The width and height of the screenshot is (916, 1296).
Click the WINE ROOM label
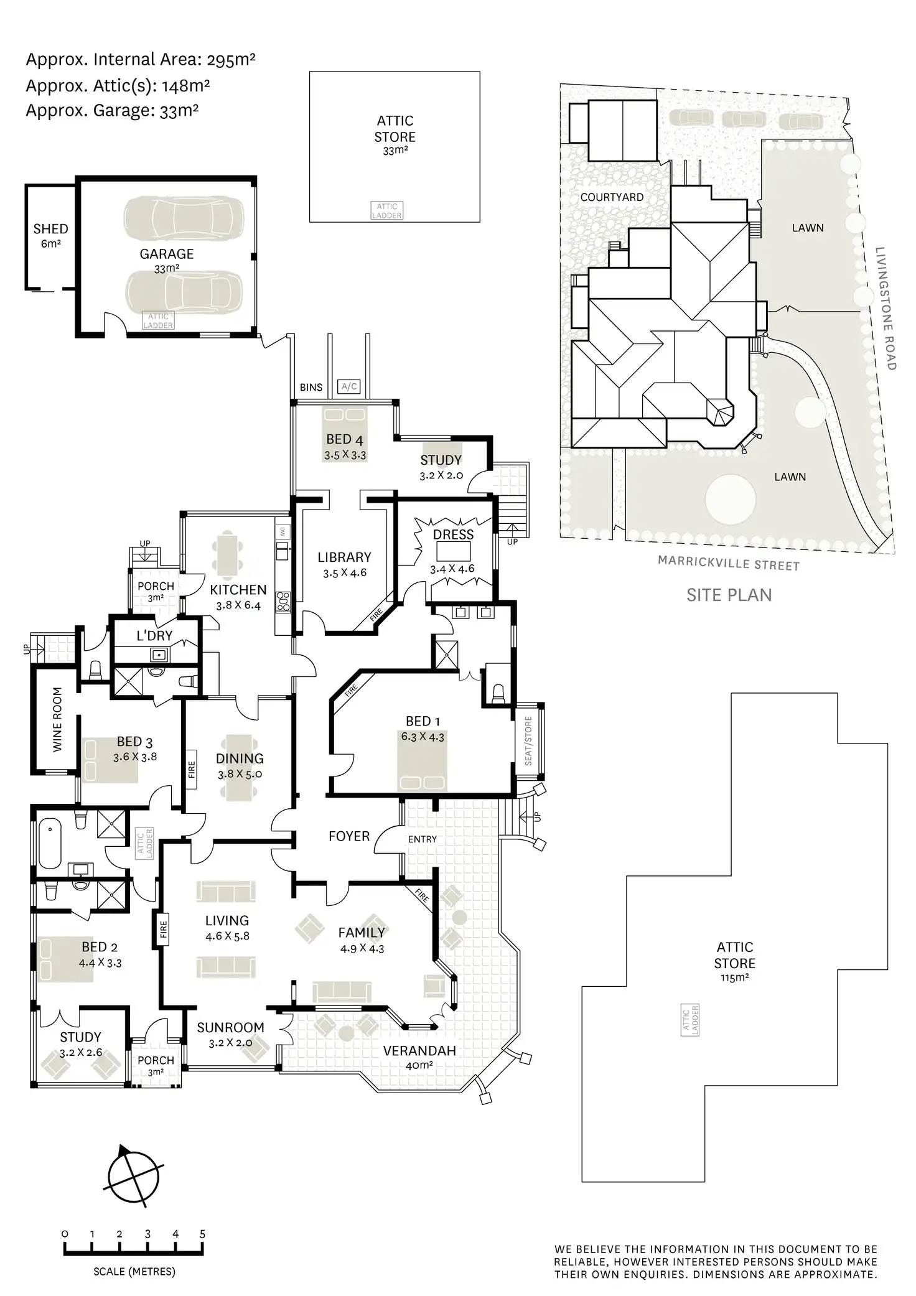click(x=57, y=719)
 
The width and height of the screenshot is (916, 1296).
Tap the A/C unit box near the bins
click(x=350, y=387)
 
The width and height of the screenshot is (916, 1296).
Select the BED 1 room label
click(x=423, y=721)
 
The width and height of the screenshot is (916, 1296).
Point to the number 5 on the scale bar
click(x=202, y=1234)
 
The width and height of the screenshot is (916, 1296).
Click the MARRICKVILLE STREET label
click(x=729, y=564)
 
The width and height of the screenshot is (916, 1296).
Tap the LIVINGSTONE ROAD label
click(x=886, y=309)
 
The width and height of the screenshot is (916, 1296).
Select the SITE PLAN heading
click(x=729, y=595)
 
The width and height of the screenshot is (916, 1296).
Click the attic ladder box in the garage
click(x=159, y=321)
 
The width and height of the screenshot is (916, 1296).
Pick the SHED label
click(x=51, y=229)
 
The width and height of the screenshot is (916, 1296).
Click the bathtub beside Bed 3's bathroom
click(x=50, y=844)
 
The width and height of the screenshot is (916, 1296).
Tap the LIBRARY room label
click(x=344, y=557)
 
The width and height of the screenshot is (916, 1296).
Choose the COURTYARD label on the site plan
click(x=612, y=197)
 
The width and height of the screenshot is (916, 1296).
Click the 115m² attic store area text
click(x=735, y=977)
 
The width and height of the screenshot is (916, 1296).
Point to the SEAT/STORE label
click(x=528, y=741)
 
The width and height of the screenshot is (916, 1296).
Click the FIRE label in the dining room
click(x=192, y=770)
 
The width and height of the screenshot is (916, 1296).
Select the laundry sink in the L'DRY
click(x=159, y=655)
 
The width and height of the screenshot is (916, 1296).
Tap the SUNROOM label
click(x=230, y=1028)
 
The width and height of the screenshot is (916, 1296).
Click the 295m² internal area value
click(x=231, y=60)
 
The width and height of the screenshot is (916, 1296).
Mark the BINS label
click(x=311, y=388)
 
